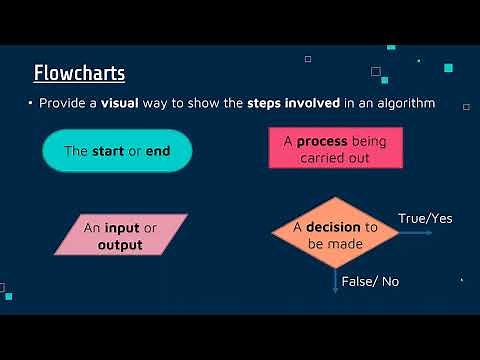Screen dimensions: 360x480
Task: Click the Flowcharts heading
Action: (x=79, y=73)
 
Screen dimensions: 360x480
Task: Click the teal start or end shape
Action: (x=117, y=151)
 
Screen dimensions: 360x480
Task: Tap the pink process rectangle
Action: (x=334, y=149)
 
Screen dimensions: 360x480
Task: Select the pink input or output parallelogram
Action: (x=120, y=236)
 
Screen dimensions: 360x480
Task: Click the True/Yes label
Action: (x=423, y=218)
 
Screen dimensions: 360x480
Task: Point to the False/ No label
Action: (x=370, y=282)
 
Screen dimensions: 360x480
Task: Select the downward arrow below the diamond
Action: (x=335, y=281)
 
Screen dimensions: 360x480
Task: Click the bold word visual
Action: (x=120, y=103)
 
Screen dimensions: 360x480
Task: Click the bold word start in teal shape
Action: (x=109, y=151)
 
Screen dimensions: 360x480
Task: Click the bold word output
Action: (x=120, y=244)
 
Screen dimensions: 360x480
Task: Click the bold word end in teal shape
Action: (x=160, y=151)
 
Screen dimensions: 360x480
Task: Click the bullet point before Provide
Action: (x=31, y=103)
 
